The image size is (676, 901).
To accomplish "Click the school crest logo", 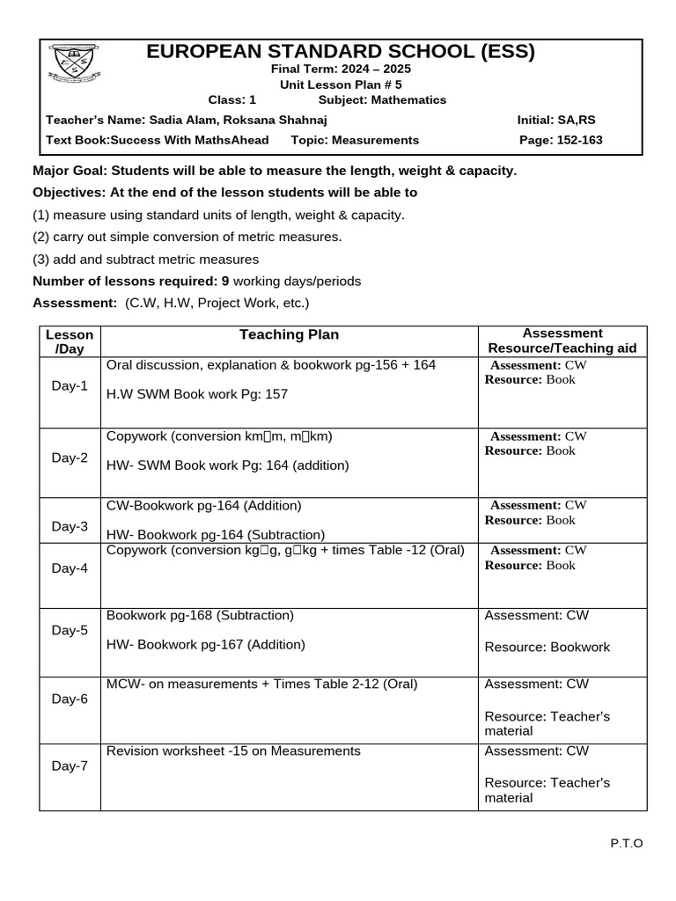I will coord(74,65).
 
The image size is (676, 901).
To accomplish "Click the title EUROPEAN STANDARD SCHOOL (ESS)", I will coord(340,52).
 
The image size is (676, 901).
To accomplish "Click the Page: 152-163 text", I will coord(561,141).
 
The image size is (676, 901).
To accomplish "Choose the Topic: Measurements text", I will coord(349,141).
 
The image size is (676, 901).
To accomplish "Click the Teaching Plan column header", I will coord(289,335).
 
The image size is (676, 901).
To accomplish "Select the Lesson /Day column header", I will coord(70,341).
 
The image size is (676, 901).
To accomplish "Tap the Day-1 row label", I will coord(70,386).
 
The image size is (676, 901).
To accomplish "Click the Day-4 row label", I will coord(70,568).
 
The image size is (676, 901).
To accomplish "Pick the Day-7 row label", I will coord(70,766).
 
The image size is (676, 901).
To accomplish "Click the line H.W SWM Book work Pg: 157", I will coord(197,394).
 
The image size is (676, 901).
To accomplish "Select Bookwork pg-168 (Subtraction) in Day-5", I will coord(200,616).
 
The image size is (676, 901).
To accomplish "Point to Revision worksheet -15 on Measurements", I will coord(233,751).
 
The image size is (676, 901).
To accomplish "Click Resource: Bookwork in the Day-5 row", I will coord(547,648).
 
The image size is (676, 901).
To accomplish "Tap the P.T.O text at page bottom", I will coord(627,844).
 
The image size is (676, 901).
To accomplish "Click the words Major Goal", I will coord(70,171).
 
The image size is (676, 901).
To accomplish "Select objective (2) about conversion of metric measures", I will coord(187,237).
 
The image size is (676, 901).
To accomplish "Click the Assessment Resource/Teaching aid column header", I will coord(562,341).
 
